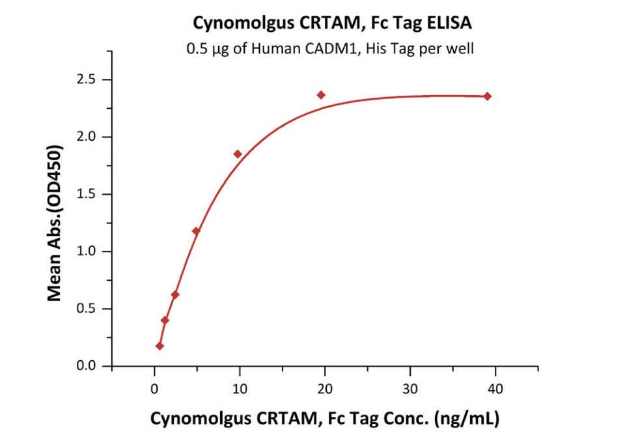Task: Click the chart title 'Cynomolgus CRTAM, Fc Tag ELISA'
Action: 332,23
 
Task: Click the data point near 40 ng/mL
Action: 488,96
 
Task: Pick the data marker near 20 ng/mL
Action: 321,95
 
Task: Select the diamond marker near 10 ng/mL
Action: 238,154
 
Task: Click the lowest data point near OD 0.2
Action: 160,346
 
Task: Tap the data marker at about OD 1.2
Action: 196,231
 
